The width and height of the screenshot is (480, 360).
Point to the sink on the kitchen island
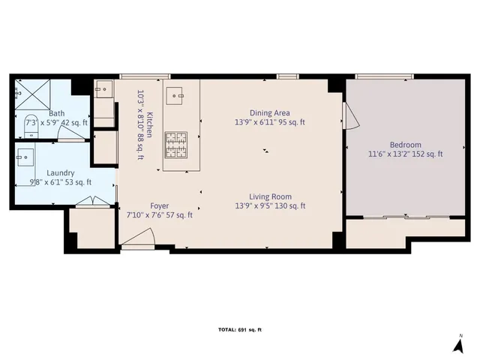click(177, 96)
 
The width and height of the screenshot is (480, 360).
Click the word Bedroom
click(405, 145)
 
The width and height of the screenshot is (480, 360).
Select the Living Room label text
click(270, 196)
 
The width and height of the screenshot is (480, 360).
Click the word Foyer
click(159, 205)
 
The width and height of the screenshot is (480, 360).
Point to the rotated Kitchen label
click(149, 121)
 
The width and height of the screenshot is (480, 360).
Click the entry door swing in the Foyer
click(139, 239)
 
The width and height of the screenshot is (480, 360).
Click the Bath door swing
click(73, 133)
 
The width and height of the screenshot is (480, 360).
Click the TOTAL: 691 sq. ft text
click(240, 330)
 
